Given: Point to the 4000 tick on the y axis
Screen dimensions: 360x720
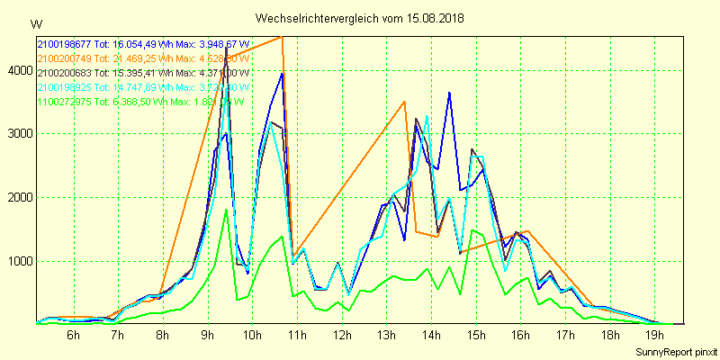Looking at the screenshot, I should pyautogui.click(x=17, y=70).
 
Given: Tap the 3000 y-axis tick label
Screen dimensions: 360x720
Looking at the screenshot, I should pyautogui.click(x=17, y=134).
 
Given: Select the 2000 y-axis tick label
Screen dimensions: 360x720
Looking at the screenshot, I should pyautogui.click(x=17, y=198).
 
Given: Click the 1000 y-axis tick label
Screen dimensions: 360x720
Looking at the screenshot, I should pyautogui.click(x=17, y=262).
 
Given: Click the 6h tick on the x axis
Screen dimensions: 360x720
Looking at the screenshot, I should pyautogui.click(x=74, y=335).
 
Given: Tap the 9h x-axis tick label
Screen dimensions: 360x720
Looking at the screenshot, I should pyautogui.click(x=208, y=335).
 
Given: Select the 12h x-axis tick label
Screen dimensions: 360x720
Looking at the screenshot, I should pyautogui.click(x=342, y=335).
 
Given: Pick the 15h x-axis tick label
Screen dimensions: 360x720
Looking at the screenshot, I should pyautogui.click(x=476, y=335).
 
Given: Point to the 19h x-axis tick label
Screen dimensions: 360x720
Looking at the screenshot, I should pyautogui.click(x=654, y=335).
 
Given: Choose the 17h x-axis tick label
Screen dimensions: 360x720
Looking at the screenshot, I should pyautogui.click(x=565, y=335).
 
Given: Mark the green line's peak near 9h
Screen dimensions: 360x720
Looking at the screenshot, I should pyautogui.click(x=226, y=210).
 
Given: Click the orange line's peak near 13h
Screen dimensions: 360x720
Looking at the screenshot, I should pyautogui.click(x=405, y=102).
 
